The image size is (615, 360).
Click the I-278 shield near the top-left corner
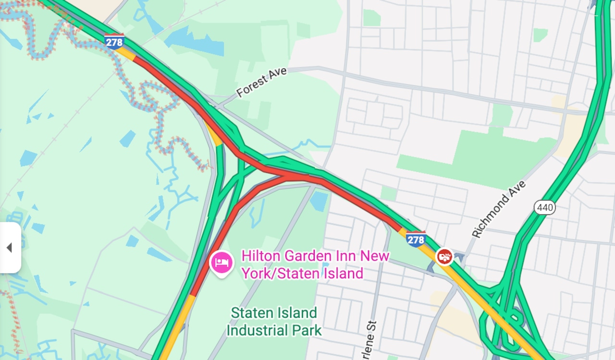[x=114, y=41]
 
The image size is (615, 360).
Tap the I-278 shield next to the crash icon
[x=415, y=239]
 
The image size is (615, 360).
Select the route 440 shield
[x=544, y=208]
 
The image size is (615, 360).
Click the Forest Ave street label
[x=261, y=82]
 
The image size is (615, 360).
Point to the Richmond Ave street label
[x=498, y=209]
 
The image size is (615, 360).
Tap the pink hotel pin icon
[x=221, y=262]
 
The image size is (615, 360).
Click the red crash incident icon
[x=445, y=257]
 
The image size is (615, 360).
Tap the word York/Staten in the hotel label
[x=275, y=273]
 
